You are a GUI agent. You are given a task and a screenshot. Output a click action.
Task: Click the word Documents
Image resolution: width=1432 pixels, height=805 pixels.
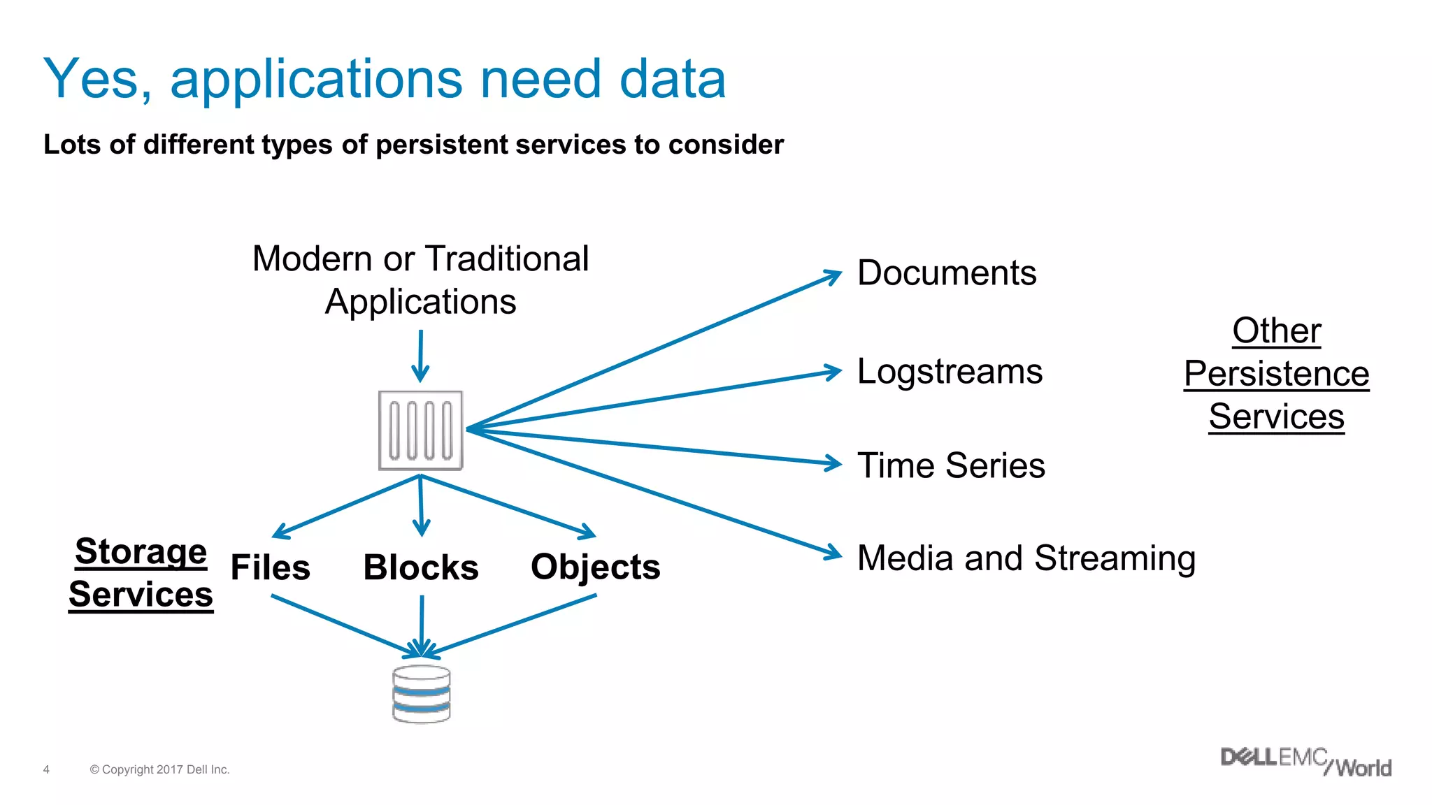click(x=947, y=273)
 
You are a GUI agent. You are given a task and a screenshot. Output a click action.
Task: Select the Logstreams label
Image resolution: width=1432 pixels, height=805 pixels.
click(x=950, y=371)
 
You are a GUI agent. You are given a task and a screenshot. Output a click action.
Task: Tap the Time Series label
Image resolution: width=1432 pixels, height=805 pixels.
click(x=951, y=465)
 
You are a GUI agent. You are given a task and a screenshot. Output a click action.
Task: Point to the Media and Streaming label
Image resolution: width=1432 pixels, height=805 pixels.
click(x=1026, y=558)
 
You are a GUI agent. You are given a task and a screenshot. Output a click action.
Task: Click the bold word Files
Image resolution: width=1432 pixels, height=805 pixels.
click(x=270, y=567)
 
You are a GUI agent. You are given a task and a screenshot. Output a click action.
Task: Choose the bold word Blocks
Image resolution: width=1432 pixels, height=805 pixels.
click(x=421, y=567)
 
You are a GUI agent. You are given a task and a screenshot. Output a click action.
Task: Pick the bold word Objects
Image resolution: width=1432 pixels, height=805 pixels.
click(x=595, y=567)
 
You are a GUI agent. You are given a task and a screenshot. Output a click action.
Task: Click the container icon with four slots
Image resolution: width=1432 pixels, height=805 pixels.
click(x=420, y=430)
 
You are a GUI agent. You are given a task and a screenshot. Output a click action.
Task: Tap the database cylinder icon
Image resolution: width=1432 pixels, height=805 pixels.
click(x=421, y=693)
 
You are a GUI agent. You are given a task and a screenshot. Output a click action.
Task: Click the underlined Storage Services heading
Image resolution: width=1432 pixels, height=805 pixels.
click(x=141, y=573)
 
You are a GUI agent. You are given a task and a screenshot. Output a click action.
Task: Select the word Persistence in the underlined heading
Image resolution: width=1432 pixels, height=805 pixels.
click(x=1276, y=373)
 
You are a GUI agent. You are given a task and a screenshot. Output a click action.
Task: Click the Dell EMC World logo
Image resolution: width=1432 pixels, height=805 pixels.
click(x=1305, y=762)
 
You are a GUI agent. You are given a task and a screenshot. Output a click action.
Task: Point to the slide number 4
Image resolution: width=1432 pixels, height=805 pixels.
click(x=46, y=769)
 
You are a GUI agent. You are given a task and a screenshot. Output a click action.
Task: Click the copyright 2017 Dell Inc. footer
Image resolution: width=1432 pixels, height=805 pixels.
click(x=159, y=769)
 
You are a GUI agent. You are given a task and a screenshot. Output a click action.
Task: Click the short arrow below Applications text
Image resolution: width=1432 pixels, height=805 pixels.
click(x=420, y=356)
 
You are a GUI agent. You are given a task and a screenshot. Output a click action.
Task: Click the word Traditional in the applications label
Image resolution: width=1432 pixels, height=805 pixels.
click(x=507, y=259)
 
